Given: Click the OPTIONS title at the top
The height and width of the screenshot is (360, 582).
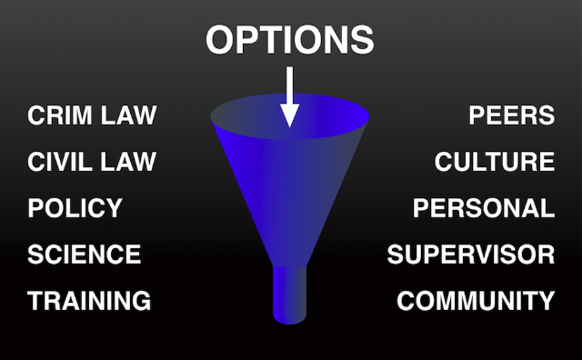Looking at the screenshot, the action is [x=289, y=40].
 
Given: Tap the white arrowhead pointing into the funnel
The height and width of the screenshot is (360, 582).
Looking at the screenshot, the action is [x=289, y=115].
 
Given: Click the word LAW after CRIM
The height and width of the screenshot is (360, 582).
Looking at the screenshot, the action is [x=128, y=115].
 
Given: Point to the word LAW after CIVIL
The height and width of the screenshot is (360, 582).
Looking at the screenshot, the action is [x=128, y=162].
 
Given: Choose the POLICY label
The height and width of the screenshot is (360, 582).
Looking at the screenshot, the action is [x=75, y=208].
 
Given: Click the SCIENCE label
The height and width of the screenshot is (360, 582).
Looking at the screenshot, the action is [x=85, y=255].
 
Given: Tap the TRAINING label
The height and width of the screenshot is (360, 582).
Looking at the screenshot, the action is [x=89, y=300].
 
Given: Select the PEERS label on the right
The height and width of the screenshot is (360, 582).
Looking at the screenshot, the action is [x=512, y=115].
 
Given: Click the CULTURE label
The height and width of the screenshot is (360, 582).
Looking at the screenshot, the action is [x=495, y=162].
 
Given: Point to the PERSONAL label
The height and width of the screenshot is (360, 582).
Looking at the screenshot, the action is [x=484, y=208].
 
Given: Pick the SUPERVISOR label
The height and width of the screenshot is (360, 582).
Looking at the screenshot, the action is [x=471, y=255].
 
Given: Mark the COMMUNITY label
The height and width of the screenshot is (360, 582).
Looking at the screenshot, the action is [x=476, y=300].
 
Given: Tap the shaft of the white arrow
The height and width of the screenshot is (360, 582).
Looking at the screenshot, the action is [x=289, y=85].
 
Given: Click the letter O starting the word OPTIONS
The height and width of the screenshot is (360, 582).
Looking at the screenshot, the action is [x=220, y=40].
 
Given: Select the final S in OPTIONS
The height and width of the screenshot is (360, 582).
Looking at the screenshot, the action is [x=362, y=40].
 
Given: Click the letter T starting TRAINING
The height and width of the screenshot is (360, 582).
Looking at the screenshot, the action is [x=36, y=300].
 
